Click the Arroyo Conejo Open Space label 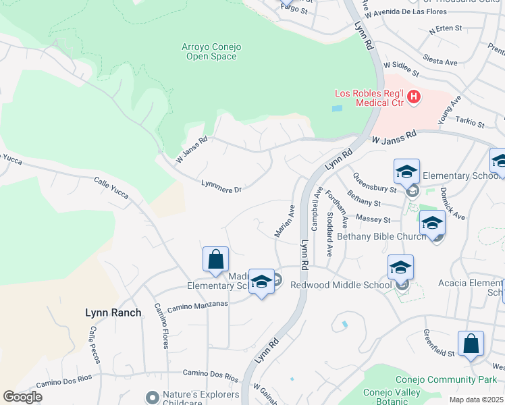[x=211, y=51]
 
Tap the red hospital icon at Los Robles [x=414, y=98]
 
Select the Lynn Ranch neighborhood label [x=113, y=313]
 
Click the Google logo [x=22, y=397]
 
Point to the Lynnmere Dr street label [x=221, y=186]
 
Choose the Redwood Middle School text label [x=341, y=285]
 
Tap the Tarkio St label [x=471, y=124]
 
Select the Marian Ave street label [x=285, y=221]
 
